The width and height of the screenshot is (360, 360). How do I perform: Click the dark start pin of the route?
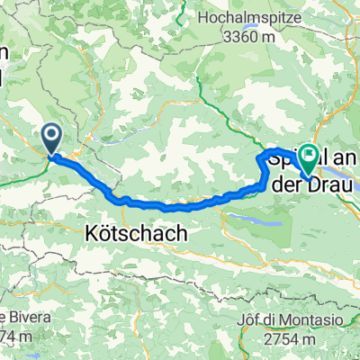coord(51,140)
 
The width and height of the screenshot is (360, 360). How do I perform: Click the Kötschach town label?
coord(139,232)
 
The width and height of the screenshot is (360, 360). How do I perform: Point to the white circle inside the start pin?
coord(51,137)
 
